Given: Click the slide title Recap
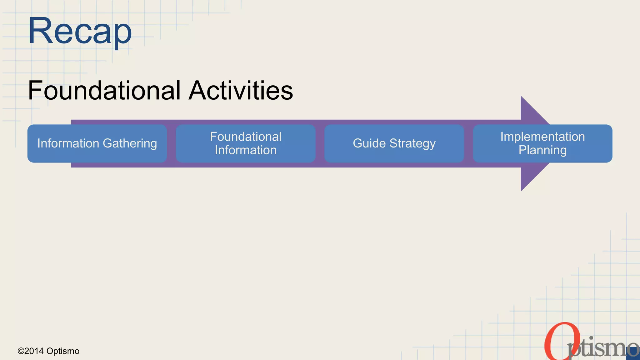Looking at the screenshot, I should [x=80, y=32].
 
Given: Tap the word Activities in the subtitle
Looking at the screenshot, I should [x=241, y=90].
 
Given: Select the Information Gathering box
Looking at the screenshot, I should [x=97, y=143].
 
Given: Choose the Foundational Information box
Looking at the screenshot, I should [x=246, y=143].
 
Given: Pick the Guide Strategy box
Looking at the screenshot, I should [x=394, y=143].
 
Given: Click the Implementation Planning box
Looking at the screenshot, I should [x=542, y=143].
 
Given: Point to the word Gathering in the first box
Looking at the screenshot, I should [x=130, y=143].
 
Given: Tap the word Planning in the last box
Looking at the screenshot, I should [x=542, y=150].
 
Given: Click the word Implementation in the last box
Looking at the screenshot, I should [x=542, y=137].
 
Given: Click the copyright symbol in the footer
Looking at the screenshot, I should [x=21, y=351].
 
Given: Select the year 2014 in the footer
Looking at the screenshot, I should [x=34, y=351].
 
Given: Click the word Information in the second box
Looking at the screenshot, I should [x=246, y=150].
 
